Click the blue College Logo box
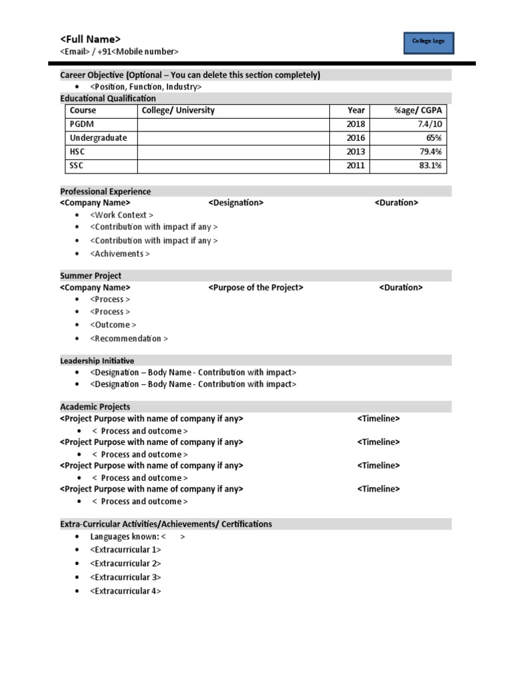click(428, 41)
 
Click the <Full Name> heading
click(91, 39)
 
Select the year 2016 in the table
click(356, 138)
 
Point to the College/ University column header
click(178, 110)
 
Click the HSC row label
click(78, 152)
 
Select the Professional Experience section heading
click(105, 191)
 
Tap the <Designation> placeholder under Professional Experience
click(235, 203)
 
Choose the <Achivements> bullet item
click(120, 253)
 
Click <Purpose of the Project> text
click(255, 287)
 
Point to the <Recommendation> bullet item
click(129, 338)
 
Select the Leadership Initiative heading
click(97, 361)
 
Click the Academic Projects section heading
click(95, 407)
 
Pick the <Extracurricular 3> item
click(125, 577)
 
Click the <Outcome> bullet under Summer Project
click(113, 325)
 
